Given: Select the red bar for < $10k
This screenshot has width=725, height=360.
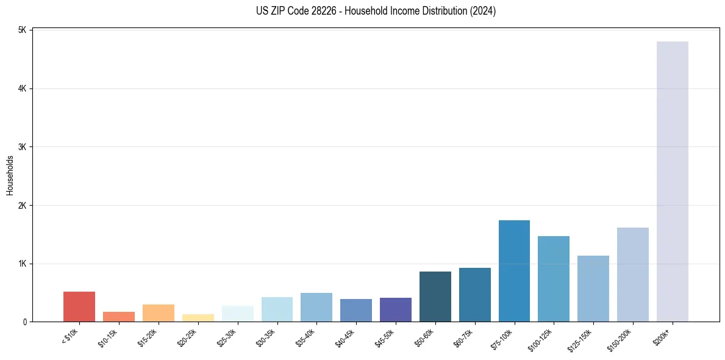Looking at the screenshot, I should pyautogui.click(x=79, y=306).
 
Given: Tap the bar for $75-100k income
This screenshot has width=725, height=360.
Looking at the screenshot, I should pyautogui.click(x=514, y=271).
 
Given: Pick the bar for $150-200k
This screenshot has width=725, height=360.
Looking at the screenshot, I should pyautogui.click(x=632, y=275).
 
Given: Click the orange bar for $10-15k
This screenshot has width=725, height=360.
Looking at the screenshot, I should pyautogui.click(x=119, y=317).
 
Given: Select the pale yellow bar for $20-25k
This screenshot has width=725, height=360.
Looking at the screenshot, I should pyautogui.click(x=198, y=318).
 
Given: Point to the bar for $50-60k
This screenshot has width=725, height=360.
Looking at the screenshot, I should pyautogui.click(x=435, y=297).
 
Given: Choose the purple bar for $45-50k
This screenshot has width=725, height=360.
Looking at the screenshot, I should pyautogui.click(x=395, y=309).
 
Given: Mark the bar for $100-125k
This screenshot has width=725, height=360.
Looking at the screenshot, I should pyautogui.click(x=554, y=279).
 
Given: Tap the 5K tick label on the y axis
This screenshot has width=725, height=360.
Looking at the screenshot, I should pyautogui.click(x=22, y=31).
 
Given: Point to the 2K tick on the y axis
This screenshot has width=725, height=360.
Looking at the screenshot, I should pyautogui.click(x=22, y=206).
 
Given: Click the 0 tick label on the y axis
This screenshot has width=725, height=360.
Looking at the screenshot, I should pyautogui.click(x=25, y=322).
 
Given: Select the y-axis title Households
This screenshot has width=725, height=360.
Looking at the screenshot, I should pyautogui.click(x=10, y=176).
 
